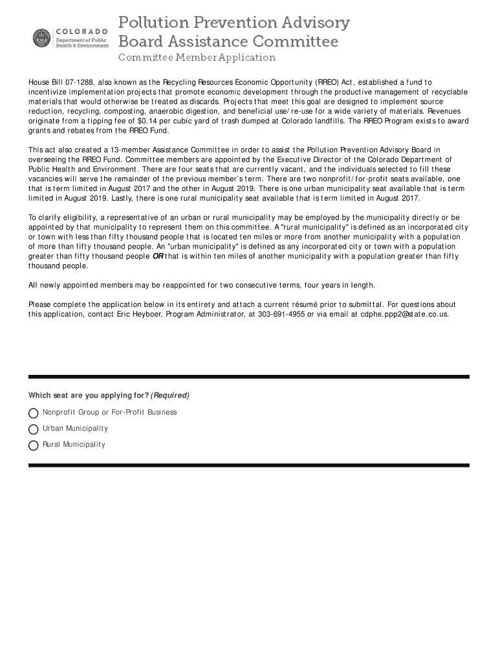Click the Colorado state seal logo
(41, 38)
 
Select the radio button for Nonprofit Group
(34, 413)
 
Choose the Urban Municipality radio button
(34, 429)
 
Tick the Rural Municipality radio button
(34, 445)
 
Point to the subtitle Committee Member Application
(197, 58)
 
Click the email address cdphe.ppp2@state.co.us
(404, 314)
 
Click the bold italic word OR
(157, 256)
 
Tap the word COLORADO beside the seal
(82, 31)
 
